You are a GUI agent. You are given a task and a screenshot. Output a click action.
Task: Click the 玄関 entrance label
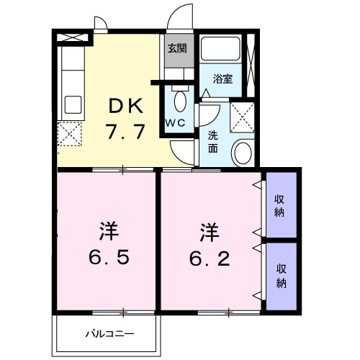tap(178, 49)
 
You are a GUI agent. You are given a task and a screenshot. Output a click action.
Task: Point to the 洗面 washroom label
tap(214, 142)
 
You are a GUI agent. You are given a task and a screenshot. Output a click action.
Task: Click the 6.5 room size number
tap(109, 257)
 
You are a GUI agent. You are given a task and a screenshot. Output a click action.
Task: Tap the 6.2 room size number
tap(210, 257)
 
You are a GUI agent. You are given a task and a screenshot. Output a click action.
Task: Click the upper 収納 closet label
tap(280, 204)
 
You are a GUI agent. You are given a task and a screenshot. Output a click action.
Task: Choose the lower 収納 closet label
tap(280, 274)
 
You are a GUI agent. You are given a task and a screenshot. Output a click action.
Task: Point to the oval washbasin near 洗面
tap(243, 153)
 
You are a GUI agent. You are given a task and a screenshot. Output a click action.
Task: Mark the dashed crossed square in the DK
tap(71, 135)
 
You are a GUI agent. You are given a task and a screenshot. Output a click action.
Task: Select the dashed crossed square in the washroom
tap(242, 115)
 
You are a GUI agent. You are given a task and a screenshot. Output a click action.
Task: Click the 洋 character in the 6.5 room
tap(108, 232)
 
